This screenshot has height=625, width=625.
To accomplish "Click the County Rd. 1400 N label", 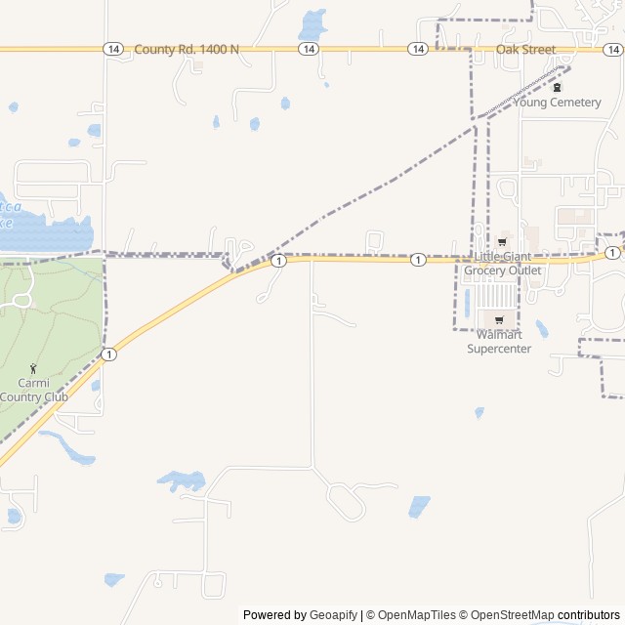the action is pos(187,49).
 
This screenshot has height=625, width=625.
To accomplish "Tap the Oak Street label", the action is pos(525,49).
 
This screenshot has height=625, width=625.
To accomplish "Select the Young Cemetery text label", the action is pos(558,103).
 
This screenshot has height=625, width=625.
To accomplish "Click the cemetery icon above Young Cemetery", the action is pos(558,87).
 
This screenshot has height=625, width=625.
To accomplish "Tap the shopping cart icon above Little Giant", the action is pos(502,241).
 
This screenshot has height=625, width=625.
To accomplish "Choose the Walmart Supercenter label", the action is pos(499,342).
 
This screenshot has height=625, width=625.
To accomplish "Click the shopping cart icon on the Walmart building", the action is pos(499,319).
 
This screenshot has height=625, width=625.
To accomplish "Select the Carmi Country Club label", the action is pos(34,390).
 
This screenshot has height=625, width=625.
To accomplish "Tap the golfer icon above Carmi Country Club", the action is pos(34,368).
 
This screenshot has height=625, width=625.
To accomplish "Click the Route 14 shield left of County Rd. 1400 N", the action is pos(113,49).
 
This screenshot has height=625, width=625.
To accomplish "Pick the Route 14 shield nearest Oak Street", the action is pos(418,49).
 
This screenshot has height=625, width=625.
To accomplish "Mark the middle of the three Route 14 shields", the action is pos(309,49).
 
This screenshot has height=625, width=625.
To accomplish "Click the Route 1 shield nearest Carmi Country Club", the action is pos(108,354).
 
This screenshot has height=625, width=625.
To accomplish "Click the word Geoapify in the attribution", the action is pos(334,615).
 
